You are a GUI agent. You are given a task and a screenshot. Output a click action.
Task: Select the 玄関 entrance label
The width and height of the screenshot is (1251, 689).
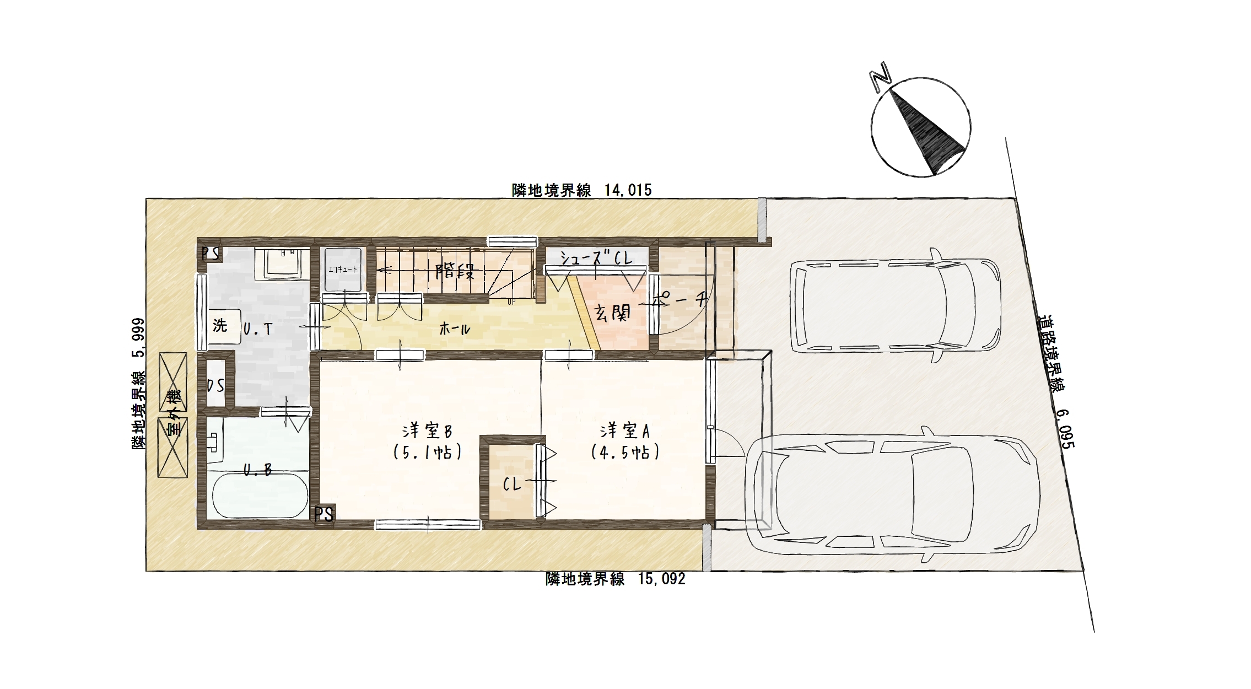tap(612, 313)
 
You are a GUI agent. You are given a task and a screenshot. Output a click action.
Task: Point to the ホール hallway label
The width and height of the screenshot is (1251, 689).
tap(455, 329)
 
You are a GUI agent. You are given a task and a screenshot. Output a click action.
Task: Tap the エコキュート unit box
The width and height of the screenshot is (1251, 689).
tap(343, 270)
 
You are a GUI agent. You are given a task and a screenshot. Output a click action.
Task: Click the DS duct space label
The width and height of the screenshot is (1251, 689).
tap(215, 385)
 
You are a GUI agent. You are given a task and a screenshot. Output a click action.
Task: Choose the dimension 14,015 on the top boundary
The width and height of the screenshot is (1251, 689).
tap(628, 190)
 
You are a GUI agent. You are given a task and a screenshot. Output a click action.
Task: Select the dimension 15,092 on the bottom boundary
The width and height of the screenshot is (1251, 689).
tap(662, 579)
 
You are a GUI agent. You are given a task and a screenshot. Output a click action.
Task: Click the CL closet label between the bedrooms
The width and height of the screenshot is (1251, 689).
tap(513, 485)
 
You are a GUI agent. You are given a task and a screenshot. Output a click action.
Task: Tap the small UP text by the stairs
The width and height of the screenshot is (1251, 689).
tap(511, 302)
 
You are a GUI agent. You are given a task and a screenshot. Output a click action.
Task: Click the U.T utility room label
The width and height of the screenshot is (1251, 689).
tap(258, 329)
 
